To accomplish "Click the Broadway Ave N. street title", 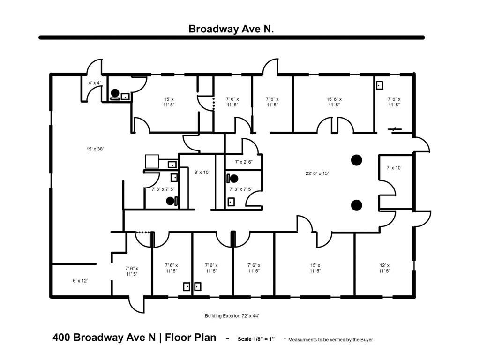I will coord(231,29).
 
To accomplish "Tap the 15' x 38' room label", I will coord(95,149).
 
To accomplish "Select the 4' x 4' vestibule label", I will coord(95,83).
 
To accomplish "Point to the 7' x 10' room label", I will coord(394,167).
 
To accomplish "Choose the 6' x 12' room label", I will coord(80,280).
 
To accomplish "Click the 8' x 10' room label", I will coord(202,172).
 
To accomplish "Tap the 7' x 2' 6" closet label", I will coord(244,162).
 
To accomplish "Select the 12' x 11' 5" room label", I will coord(384,268).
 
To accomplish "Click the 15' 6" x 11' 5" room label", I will coord(334,102).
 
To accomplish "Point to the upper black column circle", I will coord(357,160).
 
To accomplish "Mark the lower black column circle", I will coord(357,204).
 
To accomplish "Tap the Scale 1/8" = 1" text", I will coord(256,338).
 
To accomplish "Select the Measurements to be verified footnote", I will coord(330,339).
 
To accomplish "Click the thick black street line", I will coord(232,37).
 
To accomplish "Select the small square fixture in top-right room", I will coord(380,85).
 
